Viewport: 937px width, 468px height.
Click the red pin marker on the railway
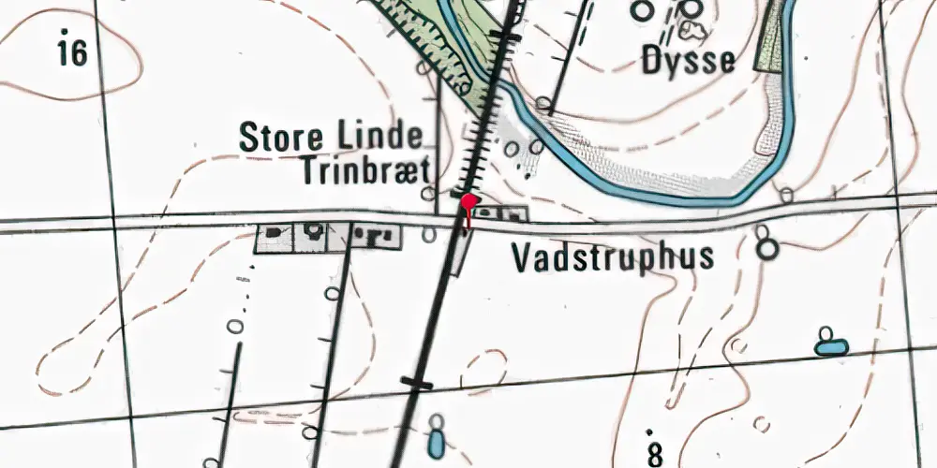pyautogui.click(x=468, y=202)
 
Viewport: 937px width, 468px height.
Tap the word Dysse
pyautogui.click(x=689, y=62)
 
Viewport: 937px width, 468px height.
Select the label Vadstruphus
pyautogui.click(x=614, y=256)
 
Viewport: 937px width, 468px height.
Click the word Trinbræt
pyautogui.click(x=365, y=171)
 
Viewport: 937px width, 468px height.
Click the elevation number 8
pyautogui.click(x=654, y=454)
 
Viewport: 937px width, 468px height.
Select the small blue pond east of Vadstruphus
pyautogui.click(x=830, y=347)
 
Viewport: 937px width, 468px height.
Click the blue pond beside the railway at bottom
pyautogui.click(x=436, y=438)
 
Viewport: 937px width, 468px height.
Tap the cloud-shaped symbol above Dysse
pyautogui.click(x=694, y=32)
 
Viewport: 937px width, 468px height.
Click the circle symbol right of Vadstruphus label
pyautogui.click(x=768, y=250)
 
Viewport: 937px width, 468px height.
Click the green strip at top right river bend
pyautogui.click(x=770, y=37)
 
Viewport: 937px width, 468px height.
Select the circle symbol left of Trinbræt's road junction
pyautogui.click(x=428, y=194)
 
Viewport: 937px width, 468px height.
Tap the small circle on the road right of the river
pyautogui.click(x=786, y=195)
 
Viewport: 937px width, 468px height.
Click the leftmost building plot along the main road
pyautogui.click(x=275, y=238)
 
